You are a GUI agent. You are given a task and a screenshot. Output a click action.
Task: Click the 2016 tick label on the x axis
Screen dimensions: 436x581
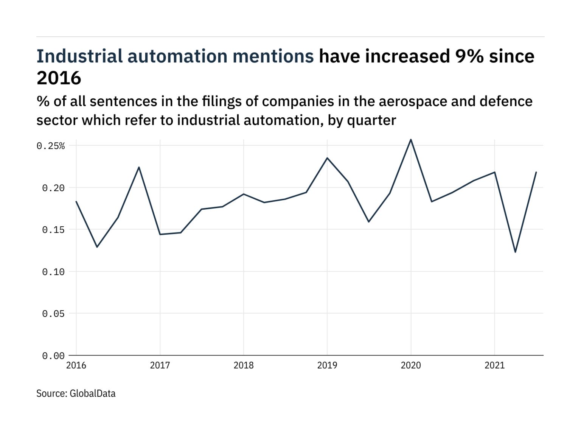(76, 365)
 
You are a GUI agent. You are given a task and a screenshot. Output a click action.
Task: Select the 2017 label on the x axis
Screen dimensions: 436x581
(160, 365)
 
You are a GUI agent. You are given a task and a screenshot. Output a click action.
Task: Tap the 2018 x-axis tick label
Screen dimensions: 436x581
(244, 365)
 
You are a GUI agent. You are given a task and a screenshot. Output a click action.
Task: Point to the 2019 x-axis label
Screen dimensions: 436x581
(327, 365)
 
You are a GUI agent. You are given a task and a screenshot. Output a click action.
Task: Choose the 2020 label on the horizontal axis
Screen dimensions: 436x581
(411, 365)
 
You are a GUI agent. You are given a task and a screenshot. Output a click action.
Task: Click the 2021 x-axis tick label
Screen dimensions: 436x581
(495, 365)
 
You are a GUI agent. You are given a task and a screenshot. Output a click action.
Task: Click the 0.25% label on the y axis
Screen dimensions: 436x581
(51, 146)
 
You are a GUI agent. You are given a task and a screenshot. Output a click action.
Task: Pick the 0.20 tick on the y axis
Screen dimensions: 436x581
(53, 188)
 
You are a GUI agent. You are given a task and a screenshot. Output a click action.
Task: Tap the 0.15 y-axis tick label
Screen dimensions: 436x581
(53, 230)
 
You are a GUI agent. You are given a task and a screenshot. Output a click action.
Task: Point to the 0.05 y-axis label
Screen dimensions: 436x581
(53, 314)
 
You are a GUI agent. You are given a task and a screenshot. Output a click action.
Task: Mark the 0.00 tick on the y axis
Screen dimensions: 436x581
(53, 356)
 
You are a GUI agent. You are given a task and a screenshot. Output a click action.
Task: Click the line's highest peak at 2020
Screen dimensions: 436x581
(411, 140)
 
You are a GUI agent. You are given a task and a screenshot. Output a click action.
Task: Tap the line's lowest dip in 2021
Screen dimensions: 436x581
(515, 252)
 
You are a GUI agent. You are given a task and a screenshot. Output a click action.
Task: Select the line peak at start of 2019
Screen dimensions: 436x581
(327, 158)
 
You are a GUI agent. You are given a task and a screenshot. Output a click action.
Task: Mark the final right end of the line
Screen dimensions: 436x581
(536, 172)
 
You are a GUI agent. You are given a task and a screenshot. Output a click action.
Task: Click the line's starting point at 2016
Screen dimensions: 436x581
(76, 201)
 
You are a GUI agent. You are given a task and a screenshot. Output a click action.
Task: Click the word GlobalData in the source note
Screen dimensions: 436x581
(93, 394)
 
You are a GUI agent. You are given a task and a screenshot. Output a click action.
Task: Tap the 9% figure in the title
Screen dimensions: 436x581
(469, 56)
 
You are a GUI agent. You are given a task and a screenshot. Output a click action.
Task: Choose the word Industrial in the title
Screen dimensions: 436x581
(79, 56)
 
